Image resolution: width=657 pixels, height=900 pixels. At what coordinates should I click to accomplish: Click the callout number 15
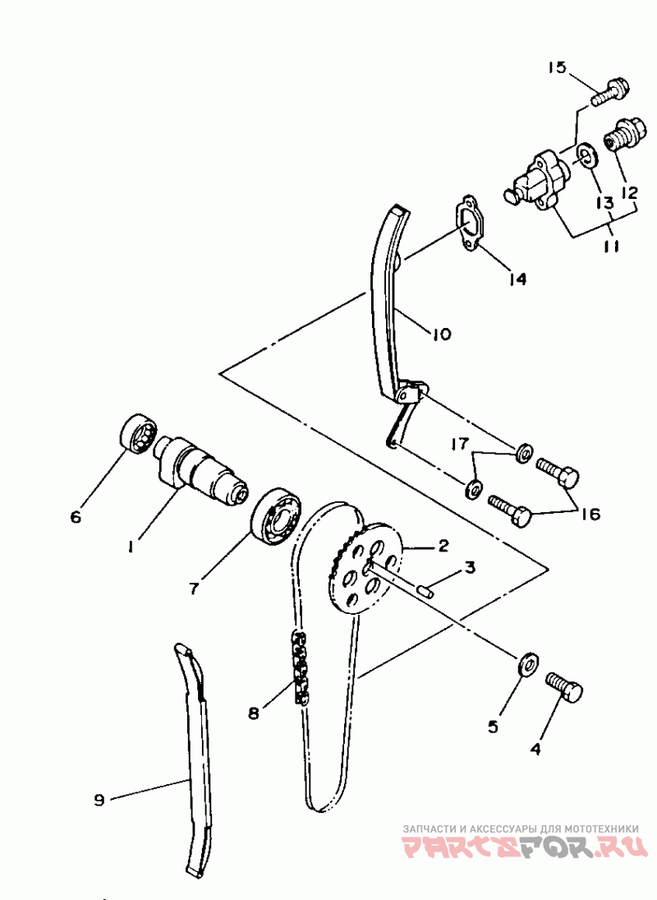pos(556,67)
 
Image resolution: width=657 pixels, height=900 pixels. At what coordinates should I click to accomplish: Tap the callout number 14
pos(517,279)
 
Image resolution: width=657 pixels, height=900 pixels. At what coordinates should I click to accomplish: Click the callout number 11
pos(612,247)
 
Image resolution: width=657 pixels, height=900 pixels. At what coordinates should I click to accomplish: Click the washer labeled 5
pos(527,664)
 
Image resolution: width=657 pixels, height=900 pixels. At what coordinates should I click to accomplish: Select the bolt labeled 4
pos(563,686)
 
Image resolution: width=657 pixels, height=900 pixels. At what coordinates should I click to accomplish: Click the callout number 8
pos(254,713)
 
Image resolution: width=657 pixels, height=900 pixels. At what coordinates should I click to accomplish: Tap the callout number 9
pos(99,800)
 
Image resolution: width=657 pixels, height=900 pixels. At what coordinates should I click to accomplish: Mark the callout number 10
pos(442,334)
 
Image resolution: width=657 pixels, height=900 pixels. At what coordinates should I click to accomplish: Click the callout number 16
pos(590,513)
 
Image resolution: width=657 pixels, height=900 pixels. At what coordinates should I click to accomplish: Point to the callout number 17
pos(459,443)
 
